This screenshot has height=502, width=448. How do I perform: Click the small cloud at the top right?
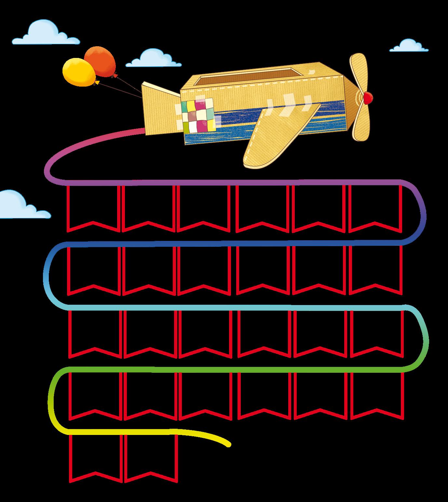(409, 46)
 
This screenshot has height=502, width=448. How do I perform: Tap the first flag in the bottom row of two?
(96, 456)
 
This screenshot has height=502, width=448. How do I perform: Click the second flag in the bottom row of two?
(151, 456)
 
